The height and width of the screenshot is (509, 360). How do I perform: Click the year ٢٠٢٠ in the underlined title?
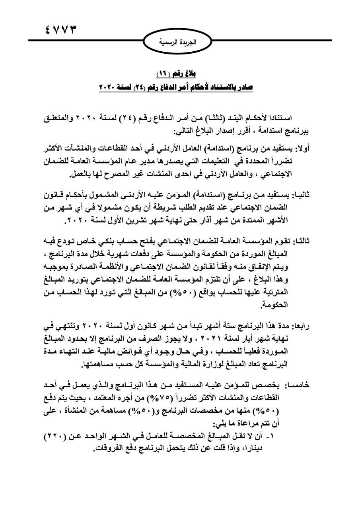pyautogui.click(x=109, y=86)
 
